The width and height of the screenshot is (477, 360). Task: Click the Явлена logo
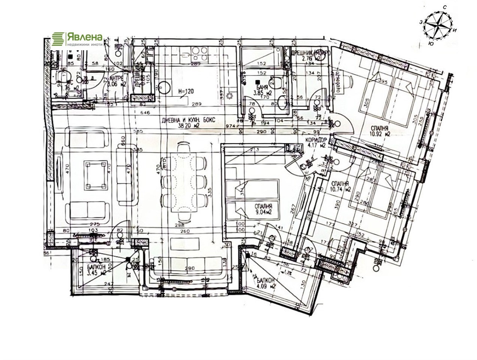tap(77, 39)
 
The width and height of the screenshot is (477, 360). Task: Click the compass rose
tap(437, 25)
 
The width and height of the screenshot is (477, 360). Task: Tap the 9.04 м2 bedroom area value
tap(263, 212)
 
